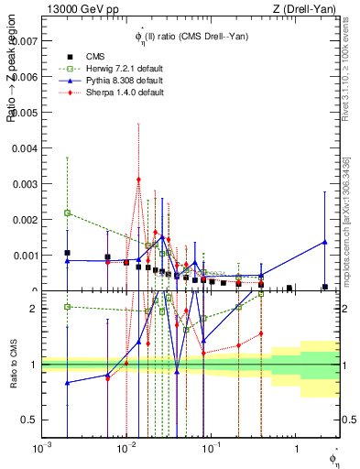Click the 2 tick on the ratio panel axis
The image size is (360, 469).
tap(32, 309)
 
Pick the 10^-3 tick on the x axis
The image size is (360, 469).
tap(41, 449)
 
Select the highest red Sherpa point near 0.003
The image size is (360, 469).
tap(138, 180)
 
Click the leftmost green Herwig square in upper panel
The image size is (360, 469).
tap(67, 213)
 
